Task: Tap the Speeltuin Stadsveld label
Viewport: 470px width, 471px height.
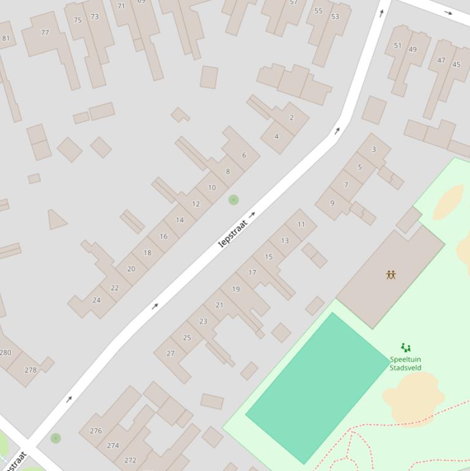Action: click(405, 363)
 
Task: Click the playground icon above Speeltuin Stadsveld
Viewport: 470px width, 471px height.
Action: click(405, 347)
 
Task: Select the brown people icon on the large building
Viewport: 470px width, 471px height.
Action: click(391, 275)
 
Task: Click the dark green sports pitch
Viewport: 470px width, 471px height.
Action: click(318, 388)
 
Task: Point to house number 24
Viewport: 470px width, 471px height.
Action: click(96, 300)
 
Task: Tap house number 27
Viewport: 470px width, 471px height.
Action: click(171, 353)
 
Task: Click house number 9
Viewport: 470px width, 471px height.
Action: click(332, 203)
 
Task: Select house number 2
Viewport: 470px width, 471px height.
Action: click(292, 117)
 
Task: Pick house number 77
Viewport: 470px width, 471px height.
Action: click(45, 32)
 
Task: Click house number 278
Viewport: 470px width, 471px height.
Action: click(31, 369)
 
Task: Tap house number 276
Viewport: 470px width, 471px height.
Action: click(96, 431)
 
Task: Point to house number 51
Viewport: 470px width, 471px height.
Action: click(398, 45)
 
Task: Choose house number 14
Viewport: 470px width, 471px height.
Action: click(180, 220)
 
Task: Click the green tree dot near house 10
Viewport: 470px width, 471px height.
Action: click(233, 199)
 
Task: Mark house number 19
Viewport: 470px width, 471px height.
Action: click(236, 289)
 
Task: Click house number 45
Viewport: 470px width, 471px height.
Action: click(456, 64)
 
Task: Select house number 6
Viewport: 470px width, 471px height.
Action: click(244, 155)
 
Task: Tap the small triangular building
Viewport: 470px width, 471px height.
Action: click(56, 220)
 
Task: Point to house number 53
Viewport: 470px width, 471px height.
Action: click(335, 17)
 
